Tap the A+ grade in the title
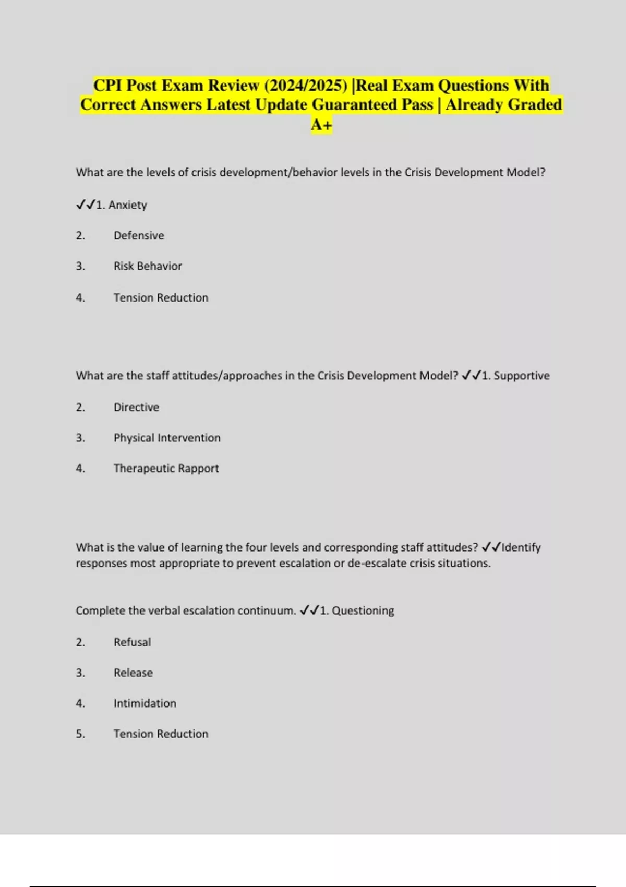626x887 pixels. (321, 125)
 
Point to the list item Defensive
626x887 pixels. (139, 236)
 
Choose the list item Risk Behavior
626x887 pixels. (148, 266)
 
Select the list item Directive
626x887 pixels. (136, 407)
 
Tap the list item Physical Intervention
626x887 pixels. (167, 438)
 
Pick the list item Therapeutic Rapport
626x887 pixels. (166, 469)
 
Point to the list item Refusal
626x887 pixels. (132, 642)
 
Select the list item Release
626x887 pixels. (133, 673)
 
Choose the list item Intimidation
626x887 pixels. (145, 703)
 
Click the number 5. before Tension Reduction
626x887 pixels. (80, 734)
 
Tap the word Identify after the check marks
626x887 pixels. (521, 547)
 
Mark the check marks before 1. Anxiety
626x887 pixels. (86, 205)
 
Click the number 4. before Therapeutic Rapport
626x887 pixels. (80, 469)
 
